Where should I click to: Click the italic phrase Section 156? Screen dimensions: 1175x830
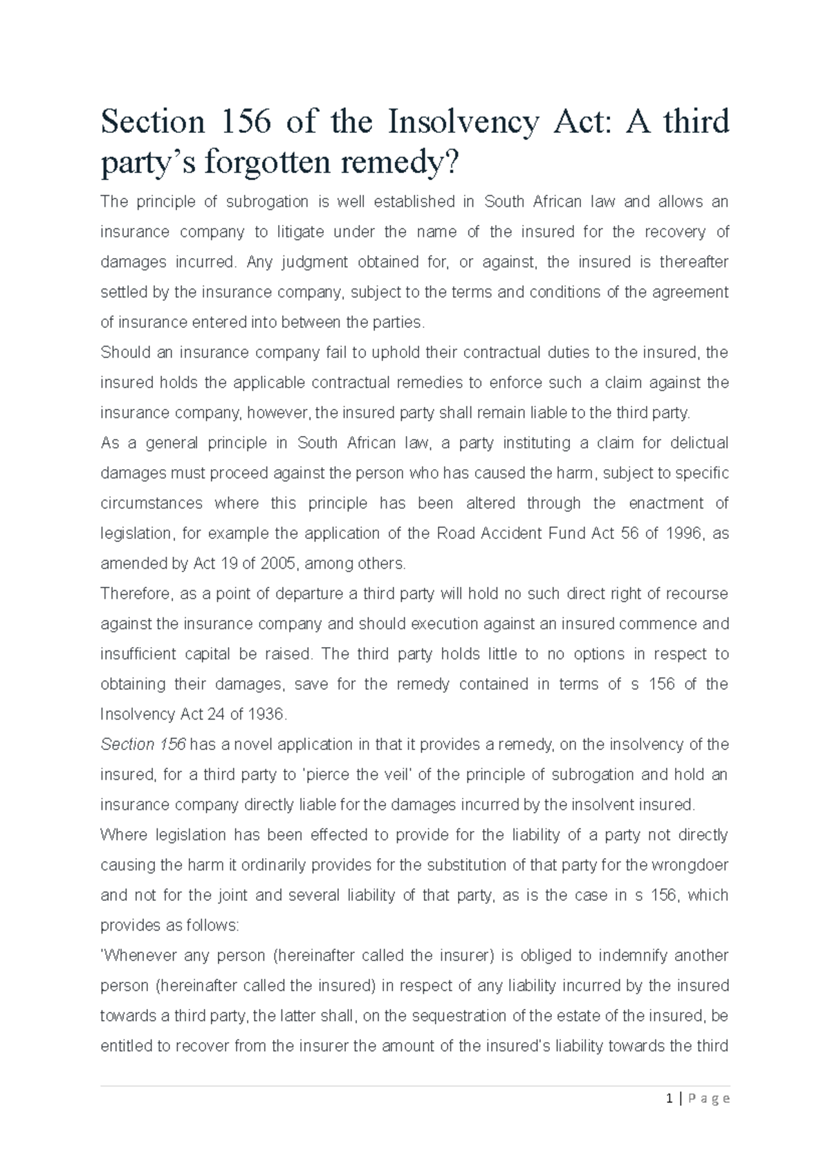[x=143, y=745]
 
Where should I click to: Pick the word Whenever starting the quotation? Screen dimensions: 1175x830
[x=138, y=956]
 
